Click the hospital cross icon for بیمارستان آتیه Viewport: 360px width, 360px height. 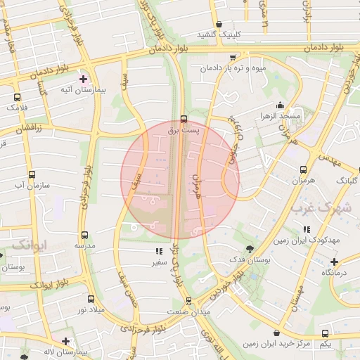(84, 79)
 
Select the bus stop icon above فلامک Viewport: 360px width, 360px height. (17, 98)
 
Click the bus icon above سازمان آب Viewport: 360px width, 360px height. (32, 174)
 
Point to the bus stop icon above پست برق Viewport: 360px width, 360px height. (184, 119)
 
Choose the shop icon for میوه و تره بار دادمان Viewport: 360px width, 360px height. (233, 58)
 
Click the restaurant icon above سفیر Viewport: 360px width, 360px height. (157, 251)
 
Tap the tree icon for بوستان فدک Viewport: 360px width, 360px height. (250, 249)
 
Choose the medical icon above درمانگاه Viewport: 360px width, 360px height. (335, 261)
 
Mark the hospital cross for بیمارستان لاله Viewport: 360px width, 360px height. (65, 341)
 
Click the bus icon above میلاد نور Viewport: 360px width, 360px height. (90, 299)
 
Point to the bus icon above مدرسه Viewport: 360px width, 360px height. (84, 235)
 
